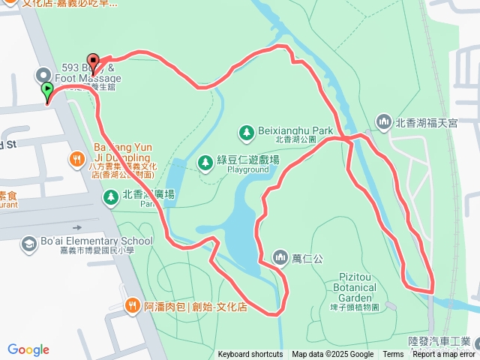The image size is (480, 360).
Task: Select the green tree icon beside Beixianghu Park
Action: pyautogui.click(x=245, y=132)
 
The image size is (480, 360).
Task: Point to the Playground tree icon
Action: pyautogui.click(x=205, y=162)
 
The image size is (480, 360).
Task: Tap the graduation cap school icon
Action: pyautogui.click(x=28, y=244)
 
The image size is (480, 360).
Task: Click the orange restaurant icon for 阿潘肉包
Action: pyautogui.click(x=132, y=305)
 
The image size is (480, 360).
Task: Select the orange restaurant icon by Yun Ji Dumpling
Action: pyautogui.click(x=76, y=158)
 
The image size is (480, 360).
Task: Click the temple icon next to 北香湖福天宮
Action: pyautogui.click(x=384, y=121)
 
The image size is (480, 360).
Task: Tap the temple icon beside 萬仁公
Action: pyautogui.click(x=280, y=258)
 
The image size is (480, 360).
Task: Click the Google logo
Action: pyautogui.click(x=28, y=349)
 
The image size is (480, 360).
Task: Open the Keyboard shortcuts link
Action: pyautogui.click(x=250, y=355)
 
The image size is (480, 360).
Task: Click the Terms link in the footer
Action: pyautogui.click(x=393, y=355)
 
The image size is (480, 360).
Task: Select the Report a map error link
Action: pyautogui.click(x=444, y=355)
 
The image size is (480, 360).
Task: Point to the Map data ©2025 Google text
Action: pyautogui.click(x=332, y=355)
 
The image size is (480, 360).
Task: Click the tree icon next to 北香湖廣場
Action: pyautogui.click(x=110, y=197)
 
